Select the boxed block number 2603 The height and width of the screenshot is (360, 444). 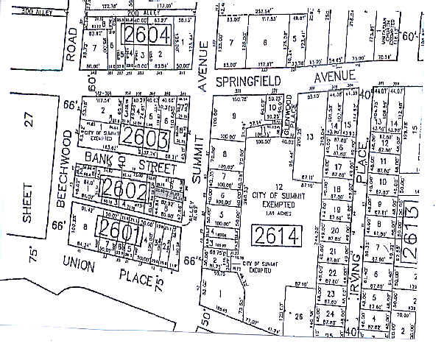[x=146, y=137]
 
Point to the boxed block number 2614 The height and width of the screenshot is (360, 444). [x=275, y=236]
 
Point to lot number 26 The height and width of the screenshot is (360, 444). [x=298, y=317]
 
